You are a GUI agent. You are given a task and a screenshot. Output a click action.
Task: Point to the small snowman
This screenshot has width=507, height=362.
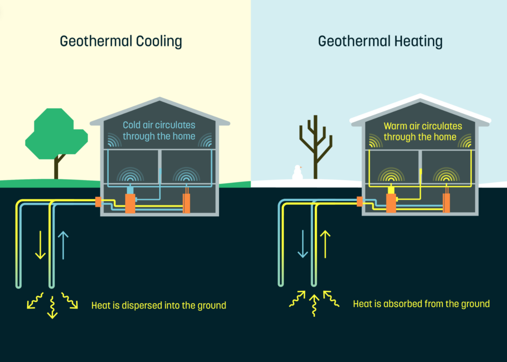[x=297, y=173]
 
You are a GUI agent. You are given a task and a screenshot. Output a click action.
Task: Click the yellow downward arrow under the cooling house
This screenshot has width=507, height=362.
[x=40, y=245]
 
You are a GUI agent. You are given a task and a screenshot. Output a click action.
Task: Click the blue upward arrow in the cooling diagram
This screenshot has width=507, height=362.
[x=63, y=245]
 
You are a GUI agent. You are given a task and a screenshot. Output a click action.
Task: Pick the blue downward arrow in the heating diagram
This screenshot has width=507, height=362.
[x=303, y=243]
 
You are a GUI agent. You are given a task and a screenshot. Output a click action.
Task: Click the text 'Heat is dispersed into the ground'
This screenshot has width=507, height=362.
[x=159, y=305]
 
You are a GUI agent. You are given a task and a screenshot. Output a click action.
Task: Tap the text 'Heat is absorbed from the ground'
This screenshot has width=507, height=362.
[x=421, y=304]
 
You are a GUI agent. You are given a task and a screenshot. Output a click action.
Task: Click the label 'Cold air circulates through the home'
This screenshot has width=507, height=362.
[x=159, y=131]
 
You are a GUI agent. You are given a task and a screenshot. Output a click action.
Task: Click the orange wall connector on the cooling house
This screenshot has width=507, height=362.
[x=98, y=202]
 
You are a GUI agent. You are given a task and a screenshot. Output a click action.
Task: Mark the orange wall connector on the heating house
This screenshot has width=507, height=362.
[x=360, y=201]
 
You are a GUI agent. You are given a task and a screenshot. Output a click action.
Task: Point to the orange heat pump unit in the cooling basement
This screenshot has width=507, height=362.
[x=130, y=203]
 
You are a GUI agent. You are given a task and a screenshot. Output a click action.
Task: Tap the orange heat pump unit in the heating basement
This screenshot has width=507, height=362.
[x=391, y=203]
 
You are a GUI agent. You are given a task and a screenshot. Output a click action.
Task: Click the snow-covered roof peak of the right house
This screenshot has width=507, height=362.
[x=420, y=96]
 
